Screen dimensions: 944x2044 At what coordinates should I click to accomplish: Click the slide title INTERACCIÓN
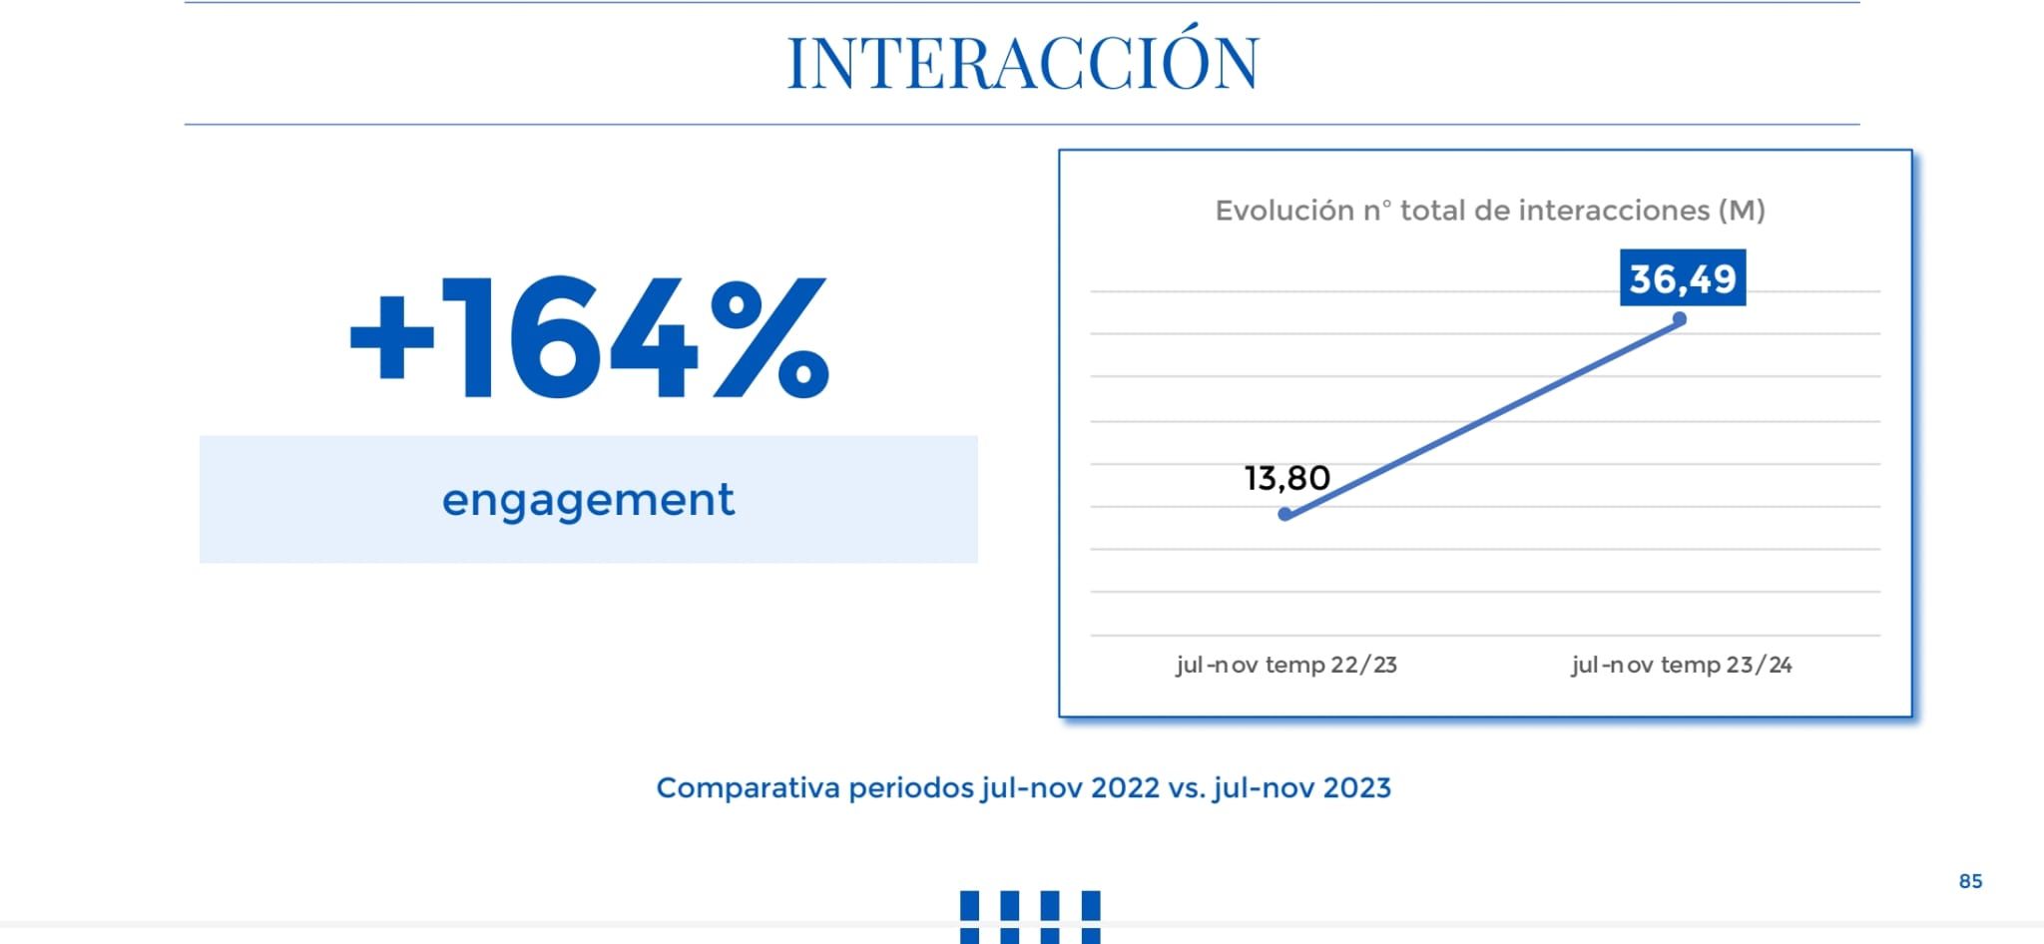click(x=1023, y=63)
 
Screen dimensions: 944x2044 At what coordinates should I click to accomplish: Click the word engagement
click(x=588, y=499)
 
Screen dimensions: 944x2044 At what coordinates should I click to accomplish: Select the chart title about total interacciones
click(x=1489, y=211)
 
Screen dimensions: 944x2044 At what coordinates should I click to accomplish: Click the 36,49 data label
click(x=1683, y=278)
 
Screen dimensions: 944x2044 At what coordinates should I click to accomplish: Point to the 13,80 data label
click(x=1286, y=478)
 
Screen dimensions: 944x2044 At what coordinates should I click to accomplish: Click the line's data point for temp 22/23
click(x=1285, y=514)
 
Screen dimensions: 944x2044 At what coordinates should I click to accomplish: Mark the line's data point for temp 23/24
click(x=1680, y=319)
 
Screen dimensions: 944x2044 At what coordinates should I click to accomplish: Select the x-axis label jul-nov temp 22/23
click(x=1286, y=665)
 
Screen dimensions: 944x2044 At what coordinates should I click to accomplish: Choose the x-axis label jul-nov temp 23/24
click(x=1682, y=665)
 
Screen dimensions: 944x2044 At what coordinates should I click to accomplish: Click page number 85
click(x=1970, y=881)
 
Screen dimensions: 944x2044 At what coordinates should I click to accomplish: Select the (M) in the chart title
click(x=1742, y=211)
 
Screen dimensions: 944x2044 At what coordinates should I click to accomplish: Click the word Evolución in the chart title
click(x=1284, y=211)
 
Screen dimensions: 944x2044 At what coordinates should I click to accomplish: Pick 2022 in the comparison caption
click(x=1125, y=788)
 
